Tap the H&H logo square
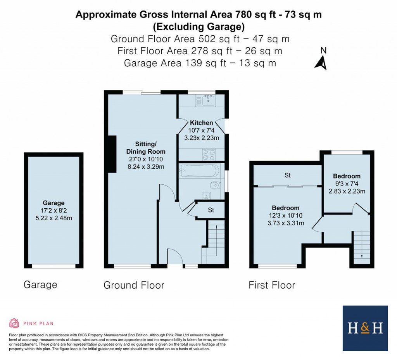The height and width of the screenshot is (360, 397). point(365,328)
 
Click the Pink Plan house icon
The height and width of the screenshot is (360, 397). point(14,323)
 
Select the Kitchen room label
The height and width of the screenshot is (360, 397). point(201,123)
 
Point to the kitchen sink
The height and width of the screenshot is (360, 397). point(209,100)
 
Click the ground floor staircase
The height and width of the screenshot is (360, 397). point(213,241)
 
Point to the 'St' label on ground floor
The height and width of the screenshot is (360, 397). point(211,210)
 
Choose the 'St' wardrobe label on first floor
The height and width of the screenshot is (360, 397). point(288,175)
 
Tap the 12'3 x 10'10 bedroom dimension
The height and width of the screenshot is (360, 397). point(285,215)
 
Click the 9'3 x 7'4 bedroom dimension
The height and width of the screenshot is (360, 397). point(347,183)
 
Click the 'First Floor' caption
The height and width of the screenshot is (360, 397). point(272,286)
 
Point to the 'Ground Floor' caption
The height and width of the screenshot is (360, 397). point(134,286)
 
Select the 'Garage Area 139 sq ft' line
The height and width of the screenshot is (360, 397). point(200,63)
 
